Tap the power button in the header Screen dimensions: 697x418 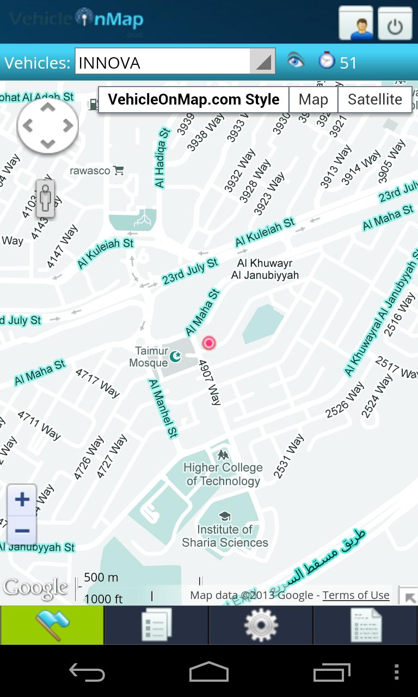395,23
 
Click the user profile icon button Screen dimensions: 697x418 356,23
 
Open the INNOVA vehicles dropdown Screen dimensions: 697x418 174,62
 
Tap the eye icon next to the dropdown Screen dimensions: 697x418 296,60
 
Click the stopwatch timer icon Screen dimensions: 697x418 327,60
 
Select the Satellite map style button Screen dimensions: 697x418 374,100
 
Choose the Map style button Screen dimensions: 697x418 313,100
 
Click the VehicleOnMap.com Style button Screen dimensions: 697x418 193,100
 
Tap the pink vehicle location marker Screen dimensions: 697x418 208,343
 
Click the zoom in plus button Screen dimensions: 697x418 22,499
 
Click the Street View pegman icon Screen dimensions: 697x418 46,199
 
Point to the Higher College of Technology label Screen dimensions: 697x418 223,474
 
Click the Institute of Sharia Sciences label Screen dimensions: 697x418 225,535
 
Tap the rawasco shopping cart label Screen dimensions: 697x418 96,171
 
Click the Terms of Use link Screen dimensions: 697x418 356,595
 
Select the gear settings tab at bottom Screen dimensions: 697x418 261,625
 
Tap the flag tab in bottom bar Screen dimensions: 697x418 52,625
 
